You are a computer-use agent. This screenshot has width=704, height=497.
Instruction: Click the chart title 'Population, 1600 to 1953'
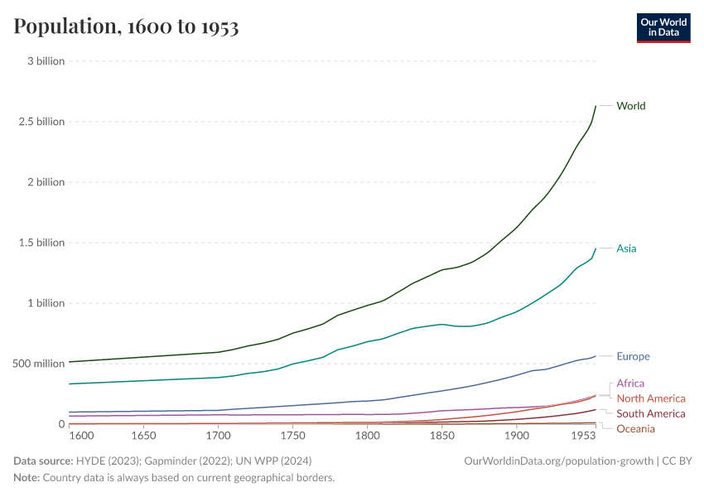126,27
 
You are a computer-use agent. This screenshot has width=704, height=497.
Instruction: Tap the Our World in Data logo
663,27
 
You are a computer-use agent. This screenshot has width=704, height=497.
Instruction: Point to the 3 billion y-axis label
46,61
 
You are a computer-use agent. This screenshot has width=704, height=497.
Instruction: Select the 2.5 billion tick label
41,122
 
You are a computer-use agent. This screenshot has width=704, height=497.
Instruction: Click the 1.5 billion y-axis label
41,243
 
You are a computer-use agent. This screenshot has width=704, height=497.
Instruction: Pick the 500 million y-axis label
37,364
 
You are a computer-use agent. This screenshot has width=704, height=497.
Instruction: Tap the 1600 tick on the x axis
80,436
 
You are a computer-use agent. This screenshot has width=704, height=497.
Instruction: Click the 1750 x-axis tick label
292,436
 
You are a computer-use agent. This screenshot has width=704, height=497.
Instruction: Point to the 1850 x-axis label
441,436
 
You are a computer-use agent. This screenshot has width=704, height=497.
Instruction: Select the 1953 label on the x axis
582,436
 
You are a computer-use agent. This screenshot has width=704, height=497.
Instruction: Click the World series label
631,106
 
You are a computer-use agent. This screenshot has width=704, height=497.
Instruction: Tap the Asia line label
626,248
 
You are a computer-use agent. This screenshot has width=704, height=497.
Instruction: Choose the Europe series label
633,357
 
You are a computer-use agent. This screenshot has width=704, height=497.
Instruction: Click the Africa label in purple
630,384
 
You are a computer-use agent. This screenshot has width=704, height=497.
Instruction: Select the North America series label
651,398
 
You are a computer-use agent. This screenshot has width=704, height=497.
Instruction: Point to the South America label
651,413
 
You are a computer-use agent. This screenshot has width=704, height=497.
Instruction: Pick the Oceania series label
635,428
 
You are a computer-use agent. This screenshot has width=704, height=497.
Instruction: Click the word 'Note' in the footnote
26,478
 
